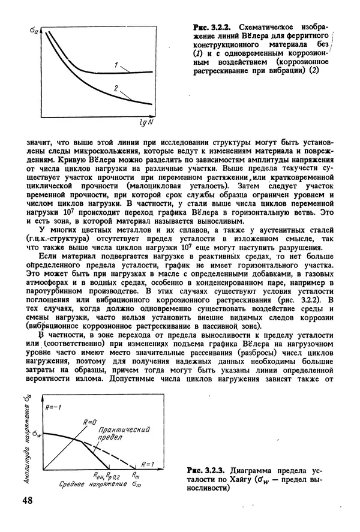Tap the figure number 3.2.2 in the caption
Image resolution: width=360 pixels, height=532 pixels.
(x=223, y=28)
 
